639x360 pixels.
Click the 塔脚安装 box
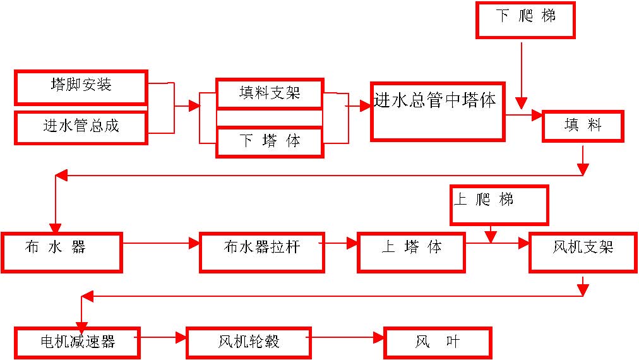coord(81,87)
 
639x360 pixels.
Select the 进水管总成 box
coord(81,127)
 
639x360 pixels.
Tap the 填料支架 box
coord(270,93)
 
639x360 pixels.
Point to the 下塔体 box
coord(270,142)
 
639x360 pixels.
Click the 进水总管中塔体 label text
coord(435,100)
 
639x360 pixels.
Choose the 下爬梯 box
coord(525,20)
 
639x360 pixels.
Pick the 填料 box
coord(583,126)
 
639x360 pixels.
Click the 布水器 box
coord(62,253)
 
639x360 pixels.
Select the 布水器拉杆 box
coord(261,253)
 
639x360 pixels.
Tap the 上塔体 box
coord(411,253)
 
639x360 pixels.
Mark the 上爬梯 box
coord(499,205)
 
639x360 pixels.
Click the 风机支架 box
coord(583,253)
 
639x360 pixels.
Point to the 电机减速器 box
coord(78,343)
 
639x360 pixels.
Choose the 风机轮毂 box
coord(249,343)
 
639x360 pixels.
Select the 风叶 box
coord(438,343)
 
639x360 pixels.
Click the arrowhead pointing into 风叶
coord(379,337)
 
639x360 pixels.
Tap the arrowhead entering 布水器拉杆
coord(194,243)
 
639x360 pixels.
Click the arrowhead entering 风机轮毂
coord(181,337)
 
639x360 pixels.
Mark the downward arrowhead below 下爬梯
coord(521,103)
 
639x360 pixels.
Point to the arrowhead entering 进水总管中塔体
coord(366,106)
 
